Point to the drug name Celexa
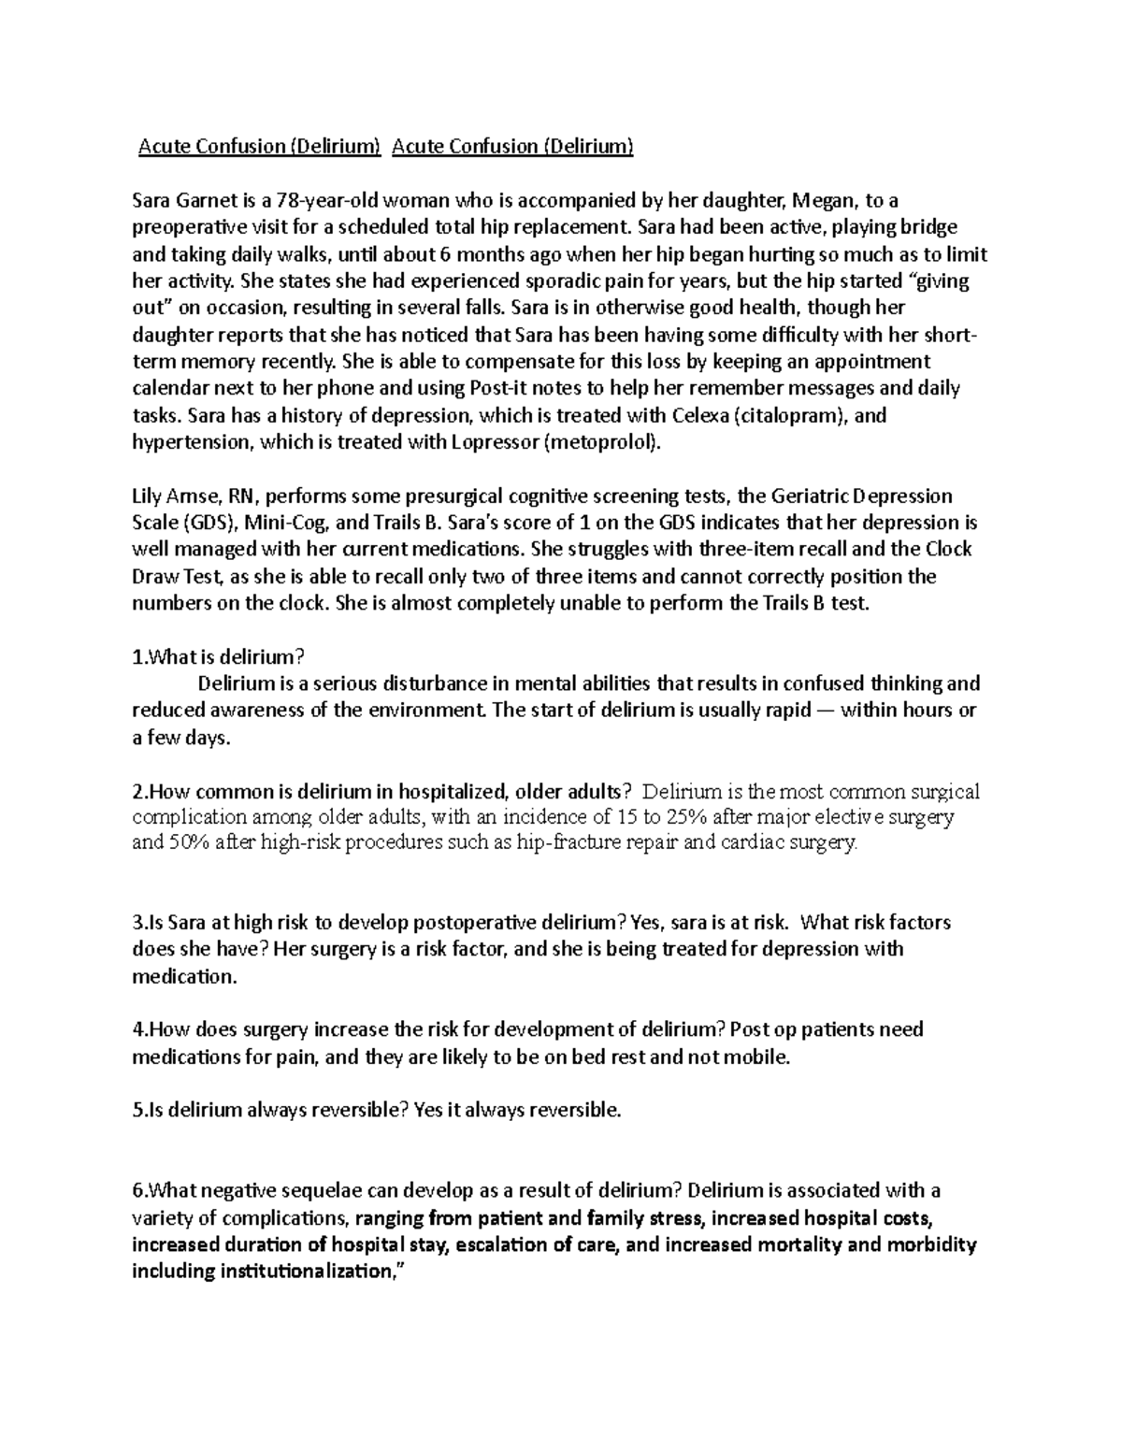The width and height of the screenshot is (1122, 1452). click(x=697, y=415)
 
